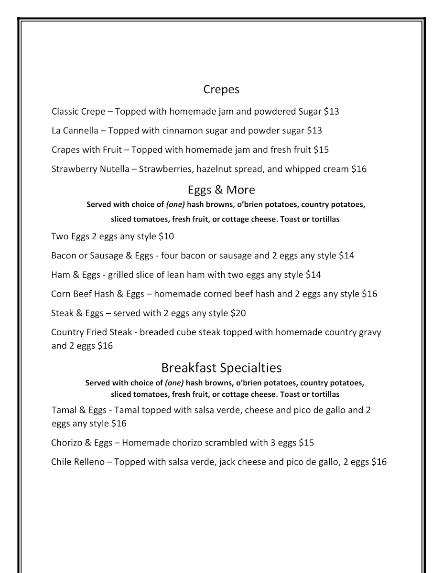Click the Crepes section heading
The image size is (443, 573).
coord(221,89)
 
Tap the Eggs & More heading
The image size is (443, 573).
coord(221,190)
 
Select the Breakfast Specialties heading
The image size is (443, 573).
coord(221,368)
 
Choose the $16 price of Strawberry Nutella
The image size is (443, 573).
coord(359,169)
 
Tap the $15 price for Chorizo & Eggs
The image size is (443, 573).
coord(306,443)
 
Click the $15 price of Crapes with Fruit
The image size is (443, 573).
coord(321,150)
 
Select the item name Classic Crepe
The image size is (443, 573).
coord(78,112)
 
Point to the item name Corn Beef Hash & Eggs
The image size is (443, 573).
coord(97,294)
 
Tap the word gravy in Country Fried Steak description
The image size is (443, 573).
coord(370,332)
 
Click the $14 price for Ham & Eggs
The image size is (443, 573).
coord(313,275)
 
